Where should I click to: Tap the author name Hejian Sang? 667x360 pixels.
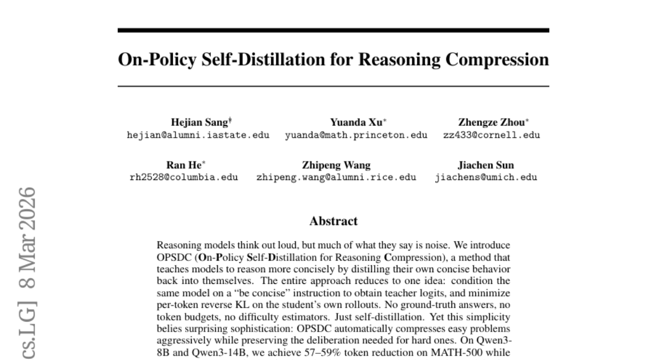tap(193, 123)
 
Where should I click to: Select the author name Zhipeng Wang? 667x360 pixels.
tap(336, 166)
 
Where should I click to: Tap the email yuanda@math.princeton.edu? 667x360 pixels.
tap(356, 135)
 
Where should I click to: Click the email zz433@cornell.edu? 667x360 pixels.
tap(491, 135)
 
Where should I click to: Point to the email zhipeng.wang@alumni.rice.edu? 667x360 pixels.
tap(336, 178)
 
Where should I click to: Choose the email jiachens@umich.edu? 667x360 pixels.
tap(486, 178)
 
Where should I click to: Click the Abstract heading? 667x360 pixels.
tap(333, 221)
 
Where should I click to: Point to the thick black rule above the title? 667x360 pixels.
tap(333, 31)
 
